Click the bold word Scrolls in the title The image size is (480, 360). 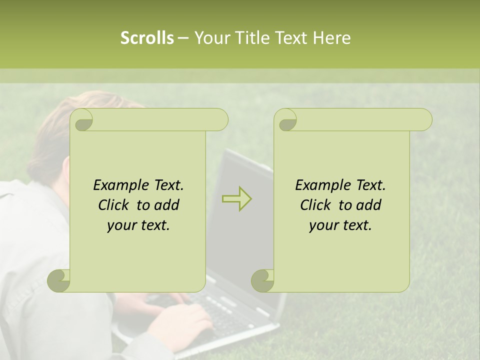[147, 38]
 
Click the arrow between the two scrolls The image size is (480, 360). [237, 198]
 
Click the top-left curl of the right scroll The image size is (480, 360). [286, 120]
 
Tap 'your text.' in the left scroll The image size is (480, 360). [138, 225]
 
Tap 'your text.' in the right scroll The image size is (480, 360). [340, 225]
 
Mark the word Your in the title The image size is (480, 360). [211, 38]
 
